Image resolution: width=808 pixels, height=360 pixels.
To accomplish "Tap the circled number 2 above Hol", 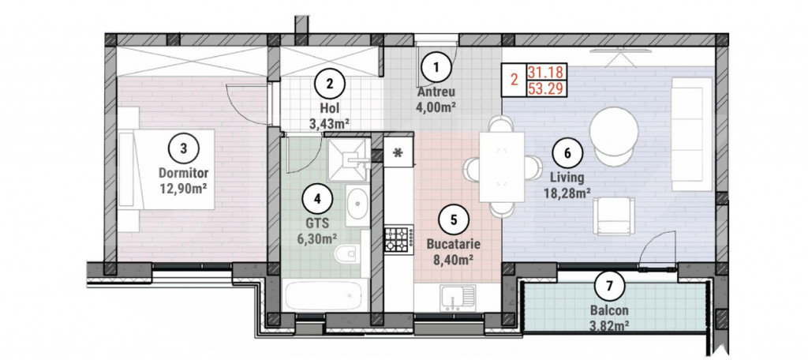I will [x=330, y=82].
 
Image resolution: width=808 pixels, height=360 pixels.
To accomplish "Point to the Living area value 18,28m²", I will [x=567, y=192].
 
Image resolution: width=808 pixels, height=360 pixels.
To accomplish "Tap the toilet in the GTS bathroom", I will [x=346, y=255].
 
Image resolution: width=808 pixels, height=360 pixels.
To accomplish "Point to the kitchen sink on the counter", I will [x=457, y=298].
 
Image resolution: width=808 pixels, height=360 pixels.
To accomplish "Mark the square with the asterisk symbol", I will [x=398, y=153].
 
